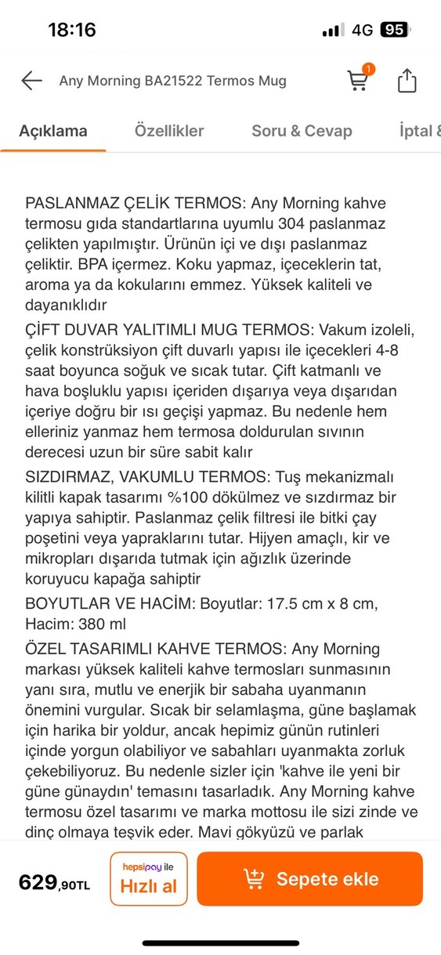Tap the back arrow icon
[x=31, y=81]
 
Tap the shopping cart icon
[x=358, y=81]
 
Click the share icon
[x=407, y=81]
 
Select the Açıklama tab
[x=53, y=131]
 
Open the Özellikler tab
[x=169, y=131]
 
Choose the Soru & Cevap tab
[x=302, y=131]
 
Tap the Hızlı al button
[x=149, y=878]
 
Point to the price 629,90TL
[x=55, y=884]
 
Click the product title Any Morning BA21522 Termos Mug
[x=173, y=81]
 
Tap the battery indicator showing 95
[x=394, y=30]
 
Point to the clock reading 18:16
[x=72, y=31]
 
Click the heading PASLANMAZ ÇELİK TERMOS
[x=136, y=204]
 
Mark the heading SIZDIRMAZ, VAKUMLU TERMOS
[x=147, y=476]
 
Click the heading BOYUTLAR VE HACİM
[x=110, y=603]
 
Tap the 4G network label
[x=362, y=31]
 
